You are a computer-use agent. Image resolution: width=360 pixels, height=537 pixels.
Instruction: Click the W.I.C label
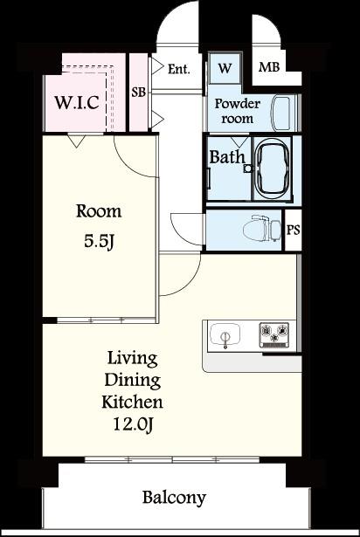click(77, 102)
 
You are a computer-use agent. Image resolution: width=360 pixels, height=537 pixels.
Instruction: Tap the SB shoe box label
click(139, 93)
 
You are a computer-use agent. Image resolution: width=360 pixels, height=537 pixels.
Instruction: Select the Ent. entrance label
click(178, 69)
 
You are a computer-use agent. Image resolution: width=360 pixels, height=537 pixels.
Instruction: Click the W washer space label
click(225, 68)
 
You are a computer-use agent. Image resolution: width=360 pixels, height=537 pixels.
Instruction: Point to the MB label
click(269, 66)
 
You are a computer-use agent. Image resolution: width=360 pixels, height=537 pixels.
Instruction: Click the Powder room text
click(238, 111)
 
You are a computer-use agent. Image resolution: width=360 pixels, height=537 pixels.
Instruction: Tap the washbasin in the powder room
click(282, 114)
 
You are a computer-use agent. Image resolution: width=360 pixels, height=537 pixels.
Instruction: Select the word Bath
click(227, 157)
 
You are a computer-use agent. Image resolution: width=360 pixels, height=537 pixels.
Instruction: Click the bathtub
click(273, 169)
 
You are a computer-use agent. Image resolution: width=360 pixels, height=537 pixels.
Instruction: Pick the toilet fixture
click(261, 229)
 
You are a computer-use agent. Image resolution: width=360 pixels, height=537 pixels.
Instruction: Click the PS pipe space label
click(293, 230)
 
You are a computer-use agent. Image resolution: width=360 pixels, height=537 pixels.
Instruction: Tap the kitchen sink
click(225, 335)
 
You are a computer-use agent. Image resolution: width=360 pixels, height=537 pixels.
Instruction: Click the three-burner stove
click(273, 334)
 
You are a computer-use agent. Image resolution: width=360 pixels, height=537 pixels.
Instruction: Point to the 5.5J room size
click(99, 242)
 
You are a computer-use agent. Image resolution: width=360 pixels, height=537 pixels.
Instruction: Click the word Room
click(99, 211)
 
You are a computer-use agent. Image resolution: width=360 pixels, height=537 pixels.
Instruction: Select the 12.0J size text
click(132, 424)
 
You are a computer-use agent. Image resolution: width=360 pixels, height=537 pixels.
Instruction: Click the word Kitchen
click(132, 402)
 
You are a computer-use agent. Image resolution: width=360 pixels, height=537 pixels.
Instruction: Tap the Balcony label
click(174, 498)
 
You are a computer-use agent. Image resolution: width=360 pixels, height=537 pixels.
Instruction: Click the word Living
click(132, 359)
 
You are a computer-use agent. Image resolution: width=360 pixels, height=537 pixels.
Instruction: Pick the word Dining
click(132, 381)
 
